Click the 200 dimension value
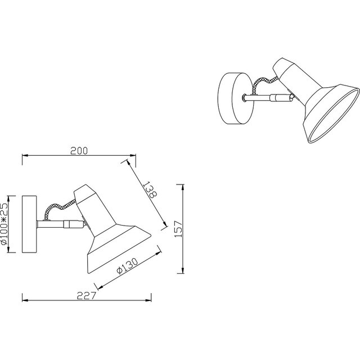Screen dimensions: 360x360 tap(79, 151)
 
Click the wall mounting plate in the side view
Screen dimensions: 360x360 tap(29, 224)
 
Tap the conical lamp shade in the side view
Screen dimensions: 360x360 tap(112, 236)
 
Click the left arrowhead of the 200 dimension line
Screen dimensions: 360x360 tap(24, 156)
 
